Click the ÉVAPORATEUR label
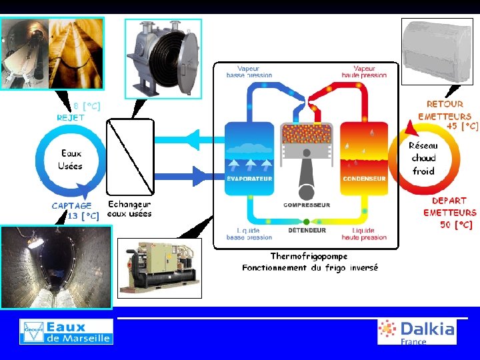[249, 179]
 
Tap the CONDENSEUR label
[364, 179]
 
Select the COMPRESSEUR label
[307, 205]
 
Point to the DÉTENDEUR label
[307, 231]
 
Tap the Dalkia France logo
[417, 331]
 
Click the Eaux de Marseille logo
[66, 331]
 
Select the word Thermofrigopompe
[309, 256]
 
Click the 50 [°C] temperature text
[456, 225]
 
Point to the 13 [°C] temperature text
[84, 216]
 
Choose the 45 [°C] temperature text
[462, 125]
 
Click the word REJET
[71, 117]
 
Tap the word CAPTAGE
[72, 206]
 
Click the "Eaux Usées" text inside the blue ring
[70, 159]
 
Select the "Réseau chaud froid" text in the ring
[423, 158]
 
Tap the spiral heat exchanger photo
[163, 57]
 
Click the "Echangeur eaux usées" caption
[130, 209]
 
